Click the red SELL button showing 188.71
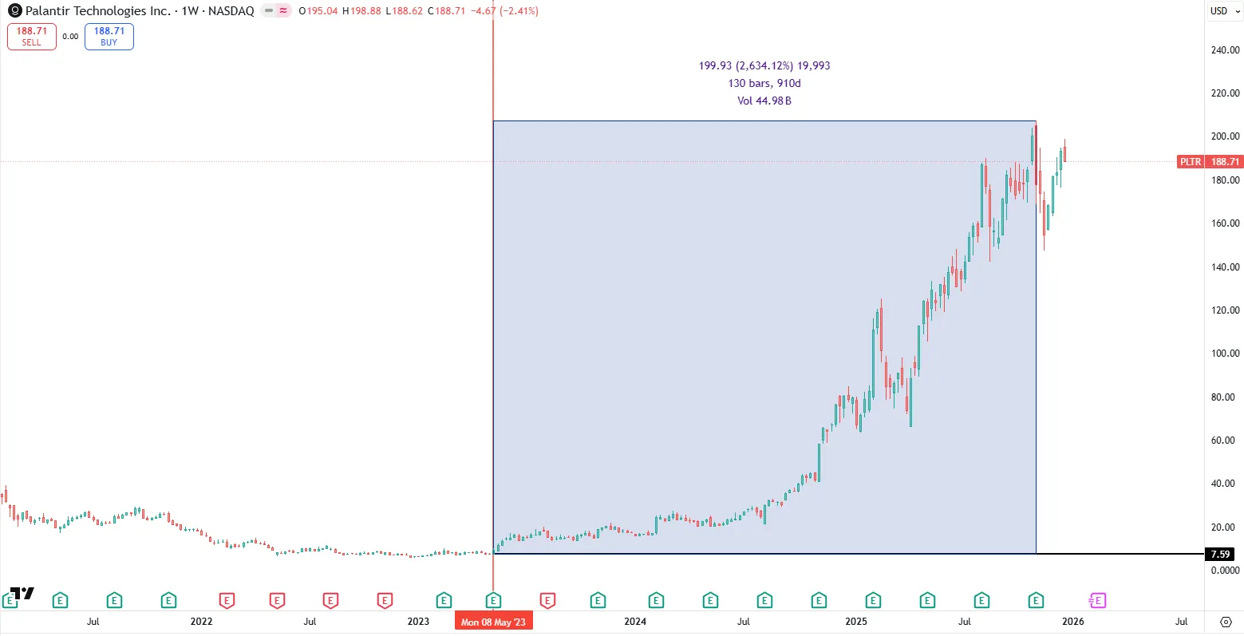pos(32,37)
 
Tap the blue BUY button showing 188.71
pos(109,37)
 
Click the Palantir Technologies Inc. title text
pos(97,11)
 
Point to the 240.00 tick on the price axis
pos(1225,50)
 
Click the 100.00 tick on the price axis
pos(1225,354)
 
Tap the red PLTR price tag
pos(1190,162)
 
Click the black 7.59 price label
pos(1220,554)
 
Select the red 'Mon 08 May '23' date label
pos(493,622)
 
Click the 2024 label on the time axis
pos(635,622)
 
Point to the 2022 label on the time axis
pos(201,622)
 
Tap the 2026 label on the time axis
pos(1072,622)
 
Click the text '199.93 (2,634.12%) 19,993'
pos(764,65)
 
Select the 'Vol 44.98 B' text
pos(764,101)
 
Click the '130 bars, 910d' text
pos(764,83)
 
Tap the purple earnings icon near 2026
pos(1097,600)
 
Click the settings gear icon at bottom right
pos(1226,622)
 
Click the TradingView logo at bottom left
pos(22,593)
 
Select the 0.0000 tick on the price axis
pos(1225,570)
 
